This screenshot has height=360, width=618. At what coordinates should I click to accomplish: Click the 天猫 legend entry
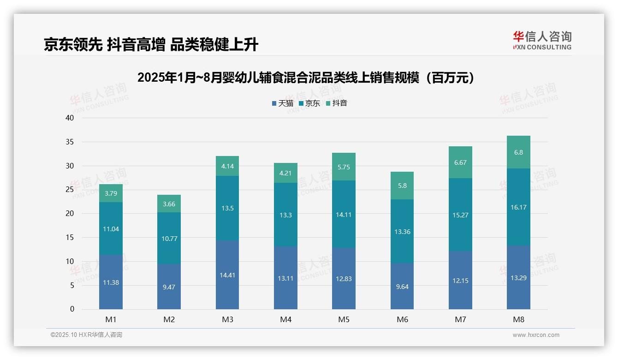283,103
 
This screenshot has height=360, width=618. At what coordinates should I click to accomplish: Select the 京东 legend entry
309,103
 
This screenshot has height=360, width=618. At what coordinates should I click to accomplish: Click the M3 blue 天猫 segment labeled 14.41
227,275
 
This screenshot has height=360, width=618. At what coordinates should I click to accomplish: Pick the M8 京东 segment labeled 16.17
518,207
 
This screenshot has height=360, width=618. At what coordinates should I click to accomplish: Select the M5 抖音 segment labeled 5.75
344,167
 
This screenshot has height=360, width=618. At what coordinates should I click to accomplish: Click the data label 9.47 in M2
169,287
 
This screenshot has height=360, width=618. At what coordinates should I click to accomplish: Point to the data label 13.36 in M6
402,232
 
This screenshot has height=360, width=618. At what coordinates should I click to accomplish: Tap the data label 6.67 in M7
460,162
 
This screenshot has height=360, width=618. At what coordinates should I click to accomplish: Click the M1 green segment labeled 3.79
111,193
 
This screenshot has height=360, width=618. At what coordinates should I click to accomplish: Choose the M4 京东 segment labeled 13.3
285,215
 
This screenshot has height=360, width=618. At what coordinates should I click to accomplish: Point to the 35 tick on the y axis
70,142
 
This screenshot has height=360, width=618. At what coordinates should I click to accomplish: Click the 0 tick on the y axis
72,309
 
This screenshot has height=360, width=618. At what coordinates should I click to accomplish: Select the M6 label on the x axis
402,320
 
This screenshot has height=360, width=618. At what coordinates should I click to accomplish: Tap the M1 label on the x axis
111,320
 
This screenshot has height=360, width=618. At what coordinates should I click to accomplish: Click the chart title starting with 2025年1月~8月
306,78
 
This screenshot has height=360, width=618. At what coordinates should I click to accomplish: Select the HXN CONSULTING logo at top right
542,41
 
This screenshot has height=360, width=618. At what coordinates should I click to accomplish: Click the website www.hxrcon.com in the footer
535,335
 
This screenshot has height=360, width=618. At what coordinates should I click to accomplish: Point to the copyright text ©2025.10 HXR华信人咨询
86,335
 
